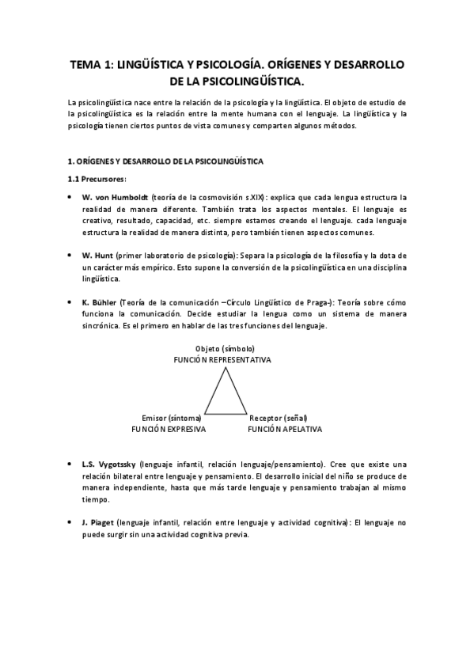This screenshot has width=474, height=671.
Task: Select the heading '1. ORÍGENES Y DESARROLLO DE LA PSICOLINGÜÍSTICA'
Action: coord(165,161)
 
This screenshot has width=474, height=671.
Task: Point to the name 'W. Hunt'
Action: coord(98,256)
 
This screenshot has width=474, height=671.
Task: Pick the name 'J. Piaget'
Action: coord(99,523)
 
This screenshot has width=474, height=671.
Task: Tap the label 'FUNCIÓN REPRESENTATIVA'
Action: coord(222,359)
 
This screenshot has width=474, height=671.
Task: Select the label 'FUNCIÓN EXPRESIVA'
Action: coord(169,428)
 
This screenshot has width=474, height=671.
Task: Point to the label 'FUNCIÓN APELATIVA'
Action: coord(284,428)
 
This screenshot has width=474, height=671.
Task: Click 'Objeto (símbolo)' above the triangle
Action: coord(224,348)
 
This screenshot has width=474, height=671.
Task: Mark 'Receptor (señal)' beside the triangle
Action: coord(278,417)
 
